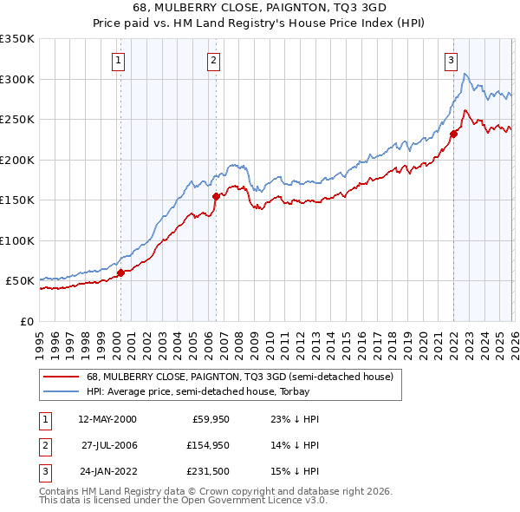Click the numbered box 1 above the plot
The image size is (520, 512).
118,61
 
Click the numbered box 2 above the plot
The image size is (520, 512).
213,61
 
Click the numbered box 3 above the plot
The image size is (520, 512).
452,61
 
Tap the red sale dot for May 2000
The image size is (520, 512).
120,272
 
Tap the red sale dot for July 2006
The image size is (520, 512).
215,196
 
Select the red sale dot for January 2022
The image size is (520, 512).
453,134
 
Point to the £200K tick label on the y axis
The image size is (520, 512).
16,160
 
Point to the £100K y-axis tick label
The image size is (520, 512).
16,240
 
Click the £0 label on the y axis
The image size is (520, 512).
26,321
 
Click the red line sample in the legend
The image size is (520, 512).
61,377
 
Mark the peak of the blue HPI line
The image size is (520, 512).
465,74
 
